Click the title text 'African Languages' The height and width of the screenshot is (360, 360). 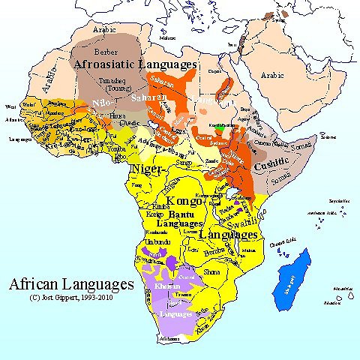coord(70,285)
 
